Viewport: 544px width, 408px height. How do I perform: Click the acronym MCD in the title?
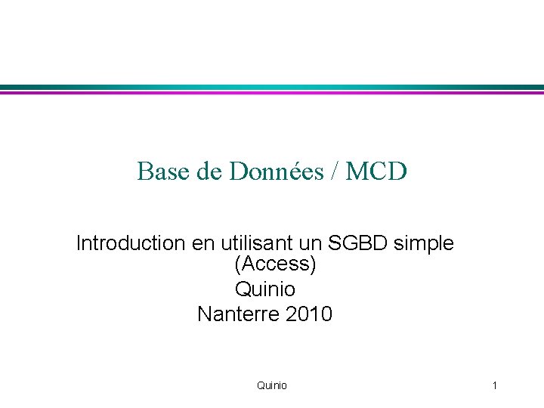[x=376, y=172]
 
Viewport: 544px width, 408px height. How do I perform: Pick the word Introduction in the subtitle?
[x=130, y=243]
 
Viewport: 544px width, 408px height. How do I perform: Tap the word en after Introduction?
[x=201, y=243]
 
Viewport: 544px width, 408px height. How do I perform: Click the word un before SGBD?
[x=308, y=243]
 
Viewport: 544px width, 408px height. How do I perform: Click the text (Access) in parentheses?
[x=275, y=264]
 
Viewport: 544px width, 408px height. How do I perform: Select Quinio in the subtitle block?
[x=265, y=289]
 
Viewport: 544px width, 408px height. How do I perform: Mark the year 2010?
[x=309, y=313]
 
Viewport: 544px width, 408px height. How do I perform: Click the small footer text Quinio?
[x=272, y=385]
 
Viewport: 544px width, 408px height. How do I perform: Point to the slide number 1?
[x=494, y=385]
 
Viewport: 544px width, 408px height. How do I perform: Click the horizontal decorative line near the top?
[x=272, y=88]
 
